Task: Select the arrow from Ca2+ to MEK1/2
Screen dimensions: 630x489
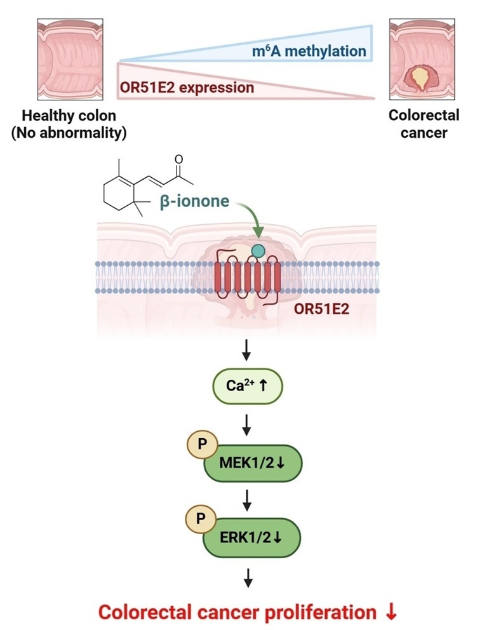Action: tap(248, 423)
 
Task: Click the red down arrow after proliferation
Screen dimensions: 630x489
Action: tap(391, 612)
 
